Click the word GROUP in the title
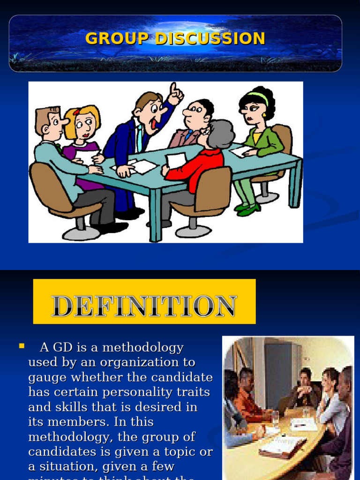click(118, 38)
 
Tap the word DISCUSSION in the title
click(210, 38)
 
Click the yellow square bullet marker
click(21, 346)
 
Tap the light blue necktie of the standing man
click(140, 138)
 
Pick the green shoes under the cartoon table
click(248, 209)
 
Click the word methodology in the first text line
click(143, 348)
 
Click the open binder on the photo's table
click(283, 445)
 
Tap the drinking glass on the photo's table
click(275, 418)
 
